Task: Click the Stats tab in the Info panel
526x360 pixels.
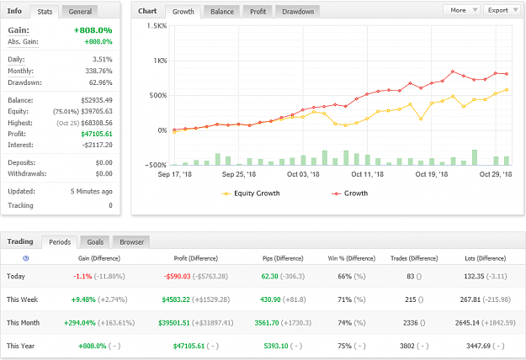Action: [x=45, y=12]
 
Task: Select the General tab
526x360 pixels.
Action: [x=80, y=12]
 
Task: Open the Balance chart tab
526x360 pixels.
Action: [x=221, y=12]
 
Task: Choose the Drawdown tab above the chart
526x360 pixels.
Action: [x=298, y=12]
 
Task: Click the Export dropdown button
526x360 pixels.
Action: [x=502, y=10]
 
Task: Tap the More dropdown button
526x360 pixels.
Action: [x=461, y=10]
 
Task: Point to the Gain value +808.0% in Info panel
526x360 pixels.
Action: [x=93, y=30]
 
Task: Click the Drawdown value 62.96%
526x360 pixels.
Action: [x=101, y=82]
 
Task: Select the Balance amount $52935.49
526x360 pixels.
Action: [x=97, y=100]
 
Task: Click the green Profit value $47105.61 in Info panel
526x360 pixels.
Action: [x=97, y=134]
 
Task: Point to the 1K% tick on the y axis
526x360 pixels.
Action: [x=160, y=61]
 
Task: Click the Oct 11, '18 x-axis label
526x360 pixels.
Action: [x=367, y=174]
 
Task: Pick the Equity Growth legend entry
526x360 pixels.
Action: [x=250, y=193]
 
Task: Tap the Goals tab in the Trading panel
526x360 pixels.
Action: [x=95, y=242]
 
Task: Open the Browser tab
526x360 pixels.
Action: [x=131, y=242]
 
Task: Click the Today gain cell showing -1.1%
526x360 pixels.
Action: [x=82, y=276]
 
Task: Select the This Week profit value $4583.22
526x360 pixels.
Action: [x=176, y=299]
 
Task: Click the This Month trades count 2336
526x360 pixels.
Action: [x=410, y=323]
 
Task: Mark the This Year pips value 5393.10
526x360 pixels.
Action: [x=276, y=346]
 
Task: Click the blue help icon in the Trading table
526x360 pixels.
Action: [x=26, y=258]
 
